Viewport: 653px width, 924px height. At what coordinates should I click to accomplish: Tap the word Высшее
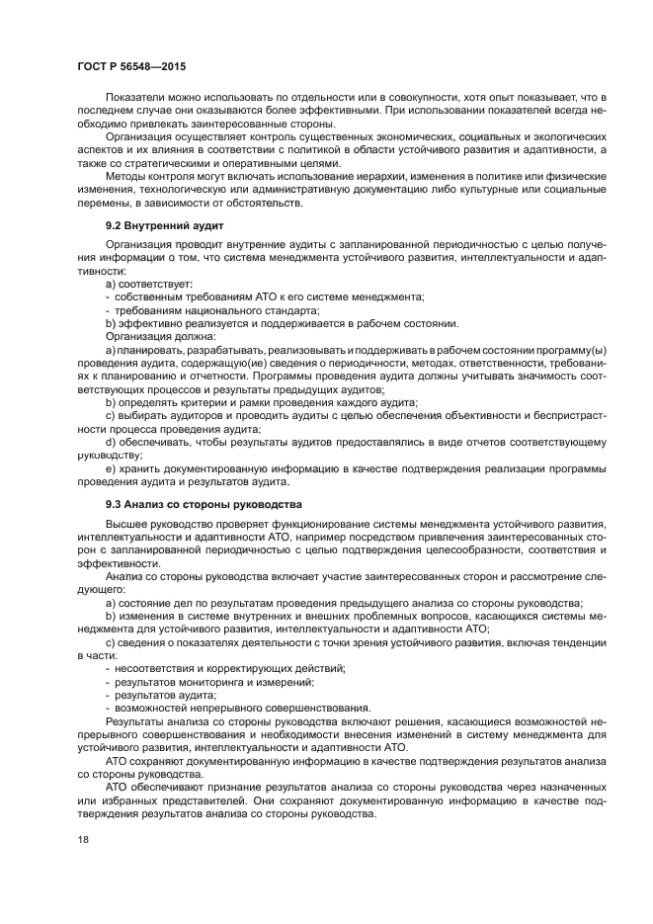click(125, 523)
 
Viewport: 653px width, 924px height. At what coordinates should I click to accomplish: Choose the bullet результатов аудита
click(165, 695)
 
